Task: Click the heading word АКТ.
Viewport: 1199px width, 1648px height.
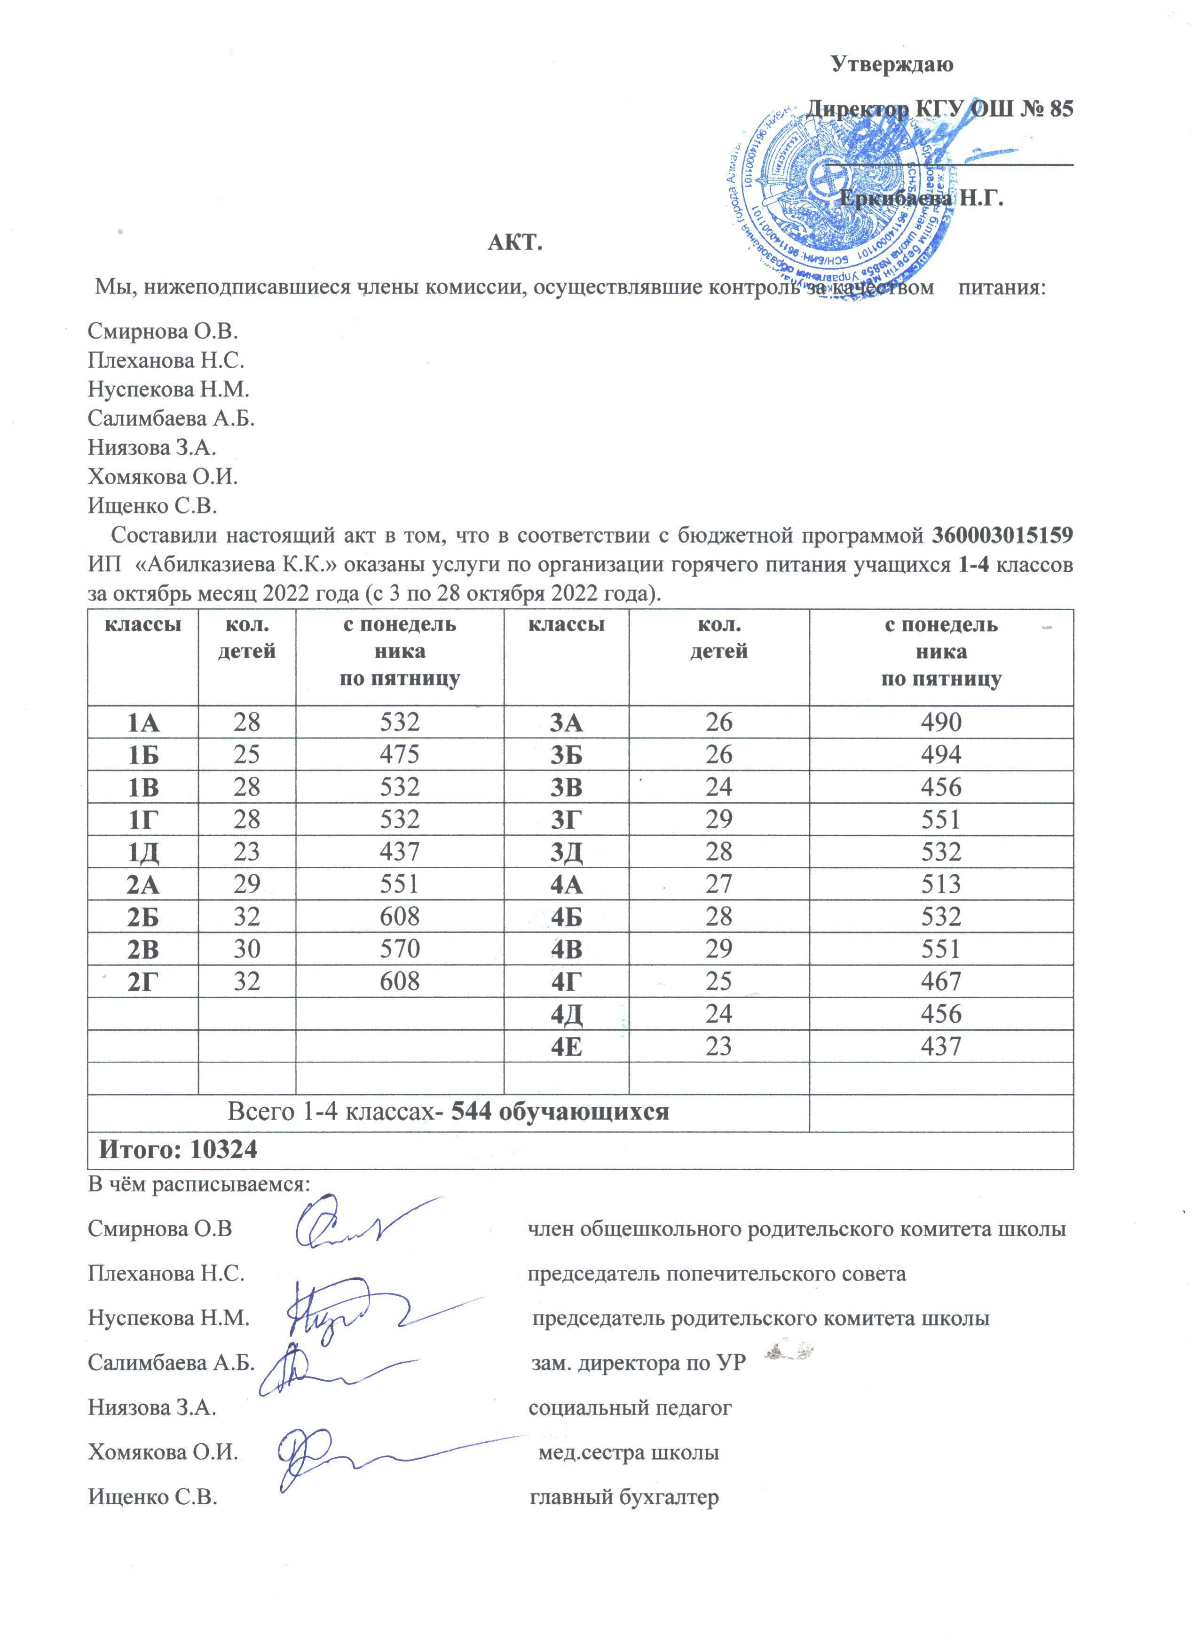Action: click(515, 242)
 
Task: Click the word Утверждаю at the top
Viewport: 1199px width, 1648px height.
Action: click(892, 65)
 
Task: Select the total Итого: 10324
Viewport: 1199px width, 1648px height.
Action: click(178, 1150)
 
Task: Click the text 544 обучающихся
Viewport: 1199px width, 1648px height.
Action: click(560, 1112)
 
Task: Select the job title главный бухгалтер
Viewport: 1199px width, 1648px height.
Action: click(624, 1497)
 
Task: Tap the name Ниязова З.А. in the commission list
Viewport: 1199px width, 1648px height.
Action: click(152, 448)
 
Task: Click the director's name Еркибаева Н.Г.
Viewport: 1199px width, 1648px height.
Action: click(921, 198)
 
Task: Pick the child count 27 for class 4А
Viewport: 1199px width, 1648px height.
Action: click(718, 884)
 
